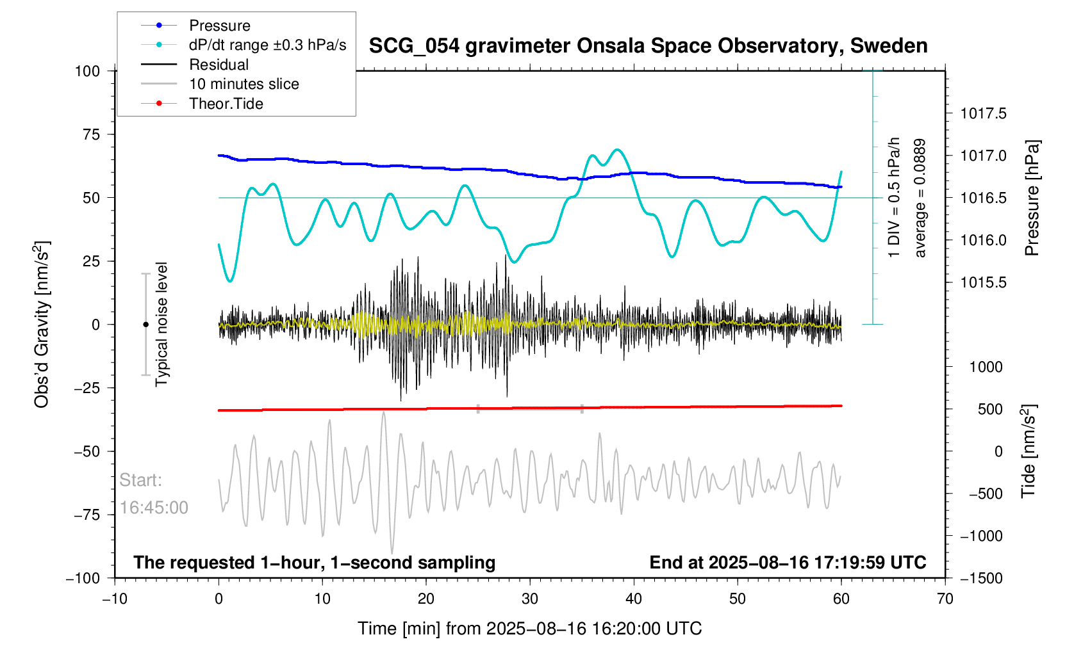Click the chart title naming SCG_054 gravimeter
(x=648, y=46)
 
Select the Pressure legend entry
(x=219, y=26)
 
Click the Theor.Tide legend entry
(x=226, y=104)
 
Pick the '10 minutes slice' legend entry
(x=244, y=84)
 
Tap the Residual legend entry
(x=219, y=65)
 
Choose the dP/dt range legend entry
(x=267, y=45)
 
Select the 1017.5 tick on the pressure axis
(x=983, y=114)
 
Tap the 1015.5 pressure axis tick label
(x=983, y=283)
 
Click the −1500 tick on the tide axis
(x=981, y=578)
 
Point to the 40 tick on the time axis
(x=634, y=599)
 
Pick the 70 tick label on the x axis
(x=945, y=599)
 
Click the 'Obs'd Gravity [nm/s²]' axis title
(x=42, y=325)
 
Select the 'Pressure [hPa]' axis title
(x=1032, y=198)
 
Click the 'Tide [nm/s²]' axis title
(x=1029, y=451)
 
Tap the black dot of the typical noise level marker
(x=145, y=325)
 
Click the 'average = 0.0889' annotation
(x=920, y=198)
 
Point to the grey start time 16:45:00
(x=154, y=508)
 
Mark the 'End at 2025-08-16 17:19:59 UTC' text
(x=788, y=563)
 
